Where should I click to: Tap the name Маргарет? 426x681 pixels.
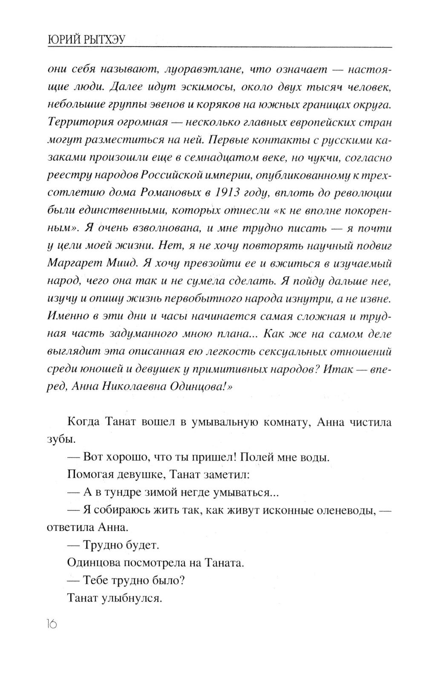point(72,263)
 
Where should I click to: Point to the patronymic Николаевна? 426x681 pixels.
point(134,386)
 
